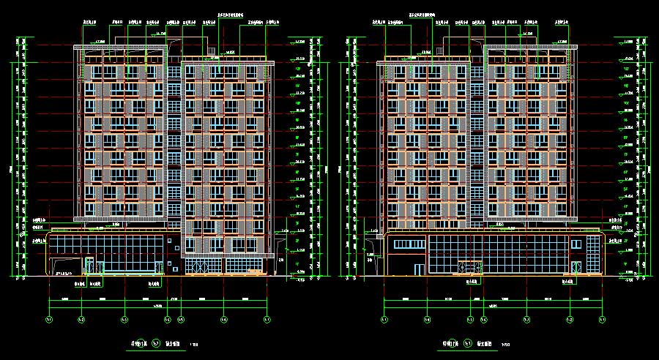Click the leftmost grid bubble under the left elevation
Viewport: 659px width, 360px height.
point(49,320)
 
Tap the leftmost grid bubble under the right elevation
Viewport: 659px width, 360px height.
point(384,320)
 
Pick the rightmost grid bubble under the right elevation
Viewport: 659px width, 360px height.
point(602,320)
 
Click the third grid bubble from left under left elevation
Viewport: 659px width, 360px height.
point(124,320)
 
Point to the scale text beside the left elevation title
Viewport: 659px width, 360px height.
point(194,345)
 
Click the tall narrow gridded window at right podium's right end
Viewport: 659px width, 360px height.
point(577,269)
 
